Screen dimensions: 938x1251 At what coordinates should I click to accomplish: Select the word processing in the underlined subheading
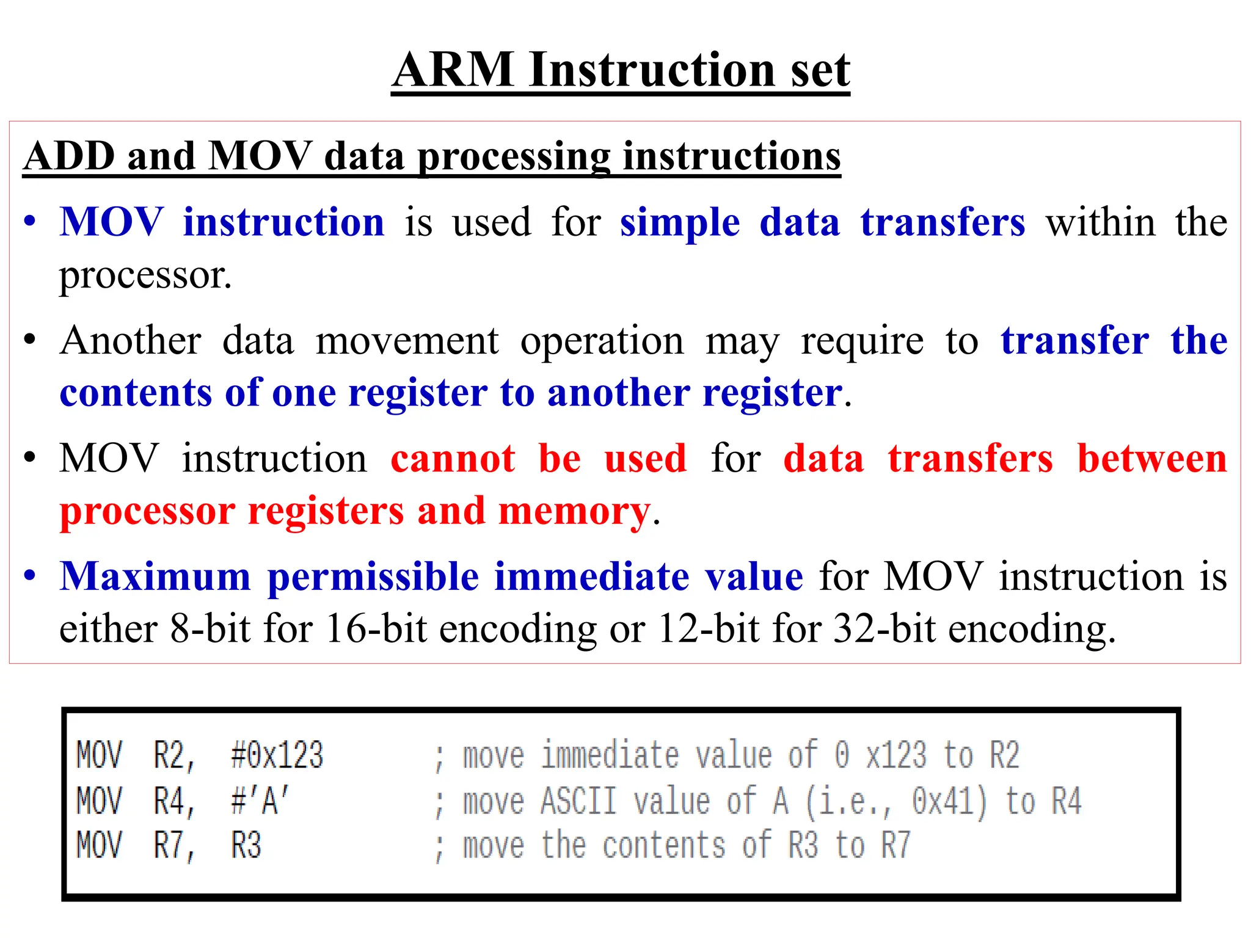[x=514, y=157]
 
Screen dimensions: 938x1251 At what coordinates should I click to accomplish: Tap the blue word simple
[x=680, y=222]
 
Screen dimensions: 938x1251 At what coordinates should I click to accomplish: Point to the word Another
[x=131, y=340]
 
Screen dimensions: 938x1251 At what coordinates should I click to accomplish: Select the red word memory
[x=574, y=511]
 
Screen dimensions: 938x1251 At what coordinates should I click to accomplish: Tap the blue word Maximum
[x=155, y=576]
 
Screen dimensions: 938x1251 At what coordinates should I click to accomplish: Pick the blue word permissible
[x=373, y=576]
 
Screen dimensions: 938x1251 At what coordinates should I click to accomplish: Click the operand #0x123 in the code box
[x=277, y=755]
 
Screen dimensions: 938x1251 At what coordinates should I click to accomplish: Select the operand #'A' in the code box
[x=260, y=801]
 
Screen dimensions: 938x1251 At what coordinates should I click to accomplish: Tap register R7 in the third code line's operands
[x=172, y=846]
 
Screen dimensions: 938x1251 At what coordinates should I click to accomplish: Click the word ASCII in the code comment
[x=578, y=801]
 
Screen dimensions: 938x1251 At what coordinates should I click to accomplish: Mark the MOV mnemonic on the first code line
[x=99, y=755]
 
